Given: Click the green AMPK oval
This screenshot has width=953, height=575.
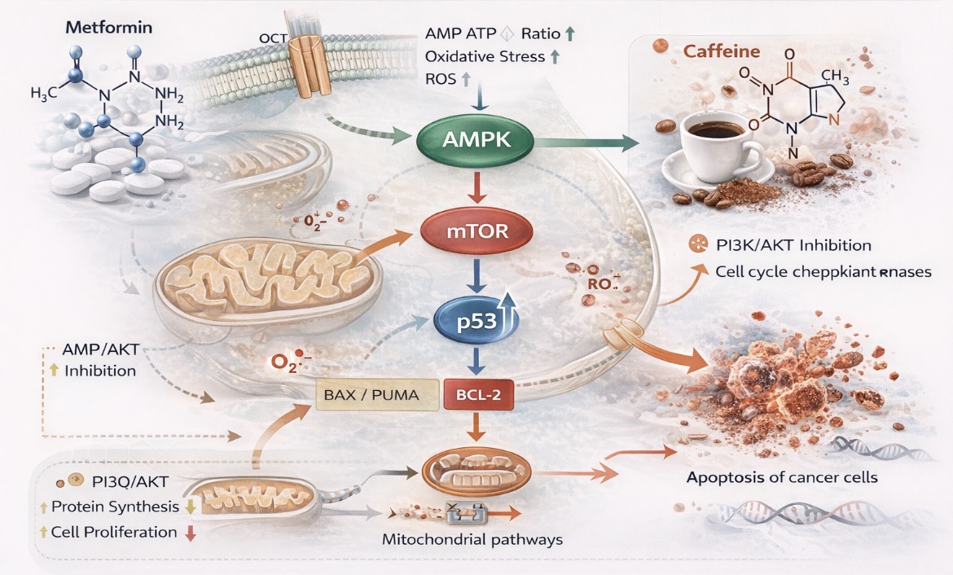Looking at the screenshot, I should tap(475, 141).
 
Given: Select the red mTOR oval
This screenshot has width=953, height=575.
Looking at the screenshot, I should tap(467, 230).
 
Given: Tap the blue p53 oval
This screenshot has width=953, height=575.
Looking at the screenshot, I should tap(468, 319).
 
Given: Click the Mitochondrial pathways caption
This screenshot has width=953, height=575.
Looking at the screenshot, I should tap(472, 539).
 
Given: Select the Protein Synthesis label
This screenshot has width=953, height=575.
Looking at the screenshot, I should tap(114, 507).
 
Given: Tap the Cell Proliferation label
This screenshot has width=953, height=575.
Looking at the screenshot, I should tap(113, 532).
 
